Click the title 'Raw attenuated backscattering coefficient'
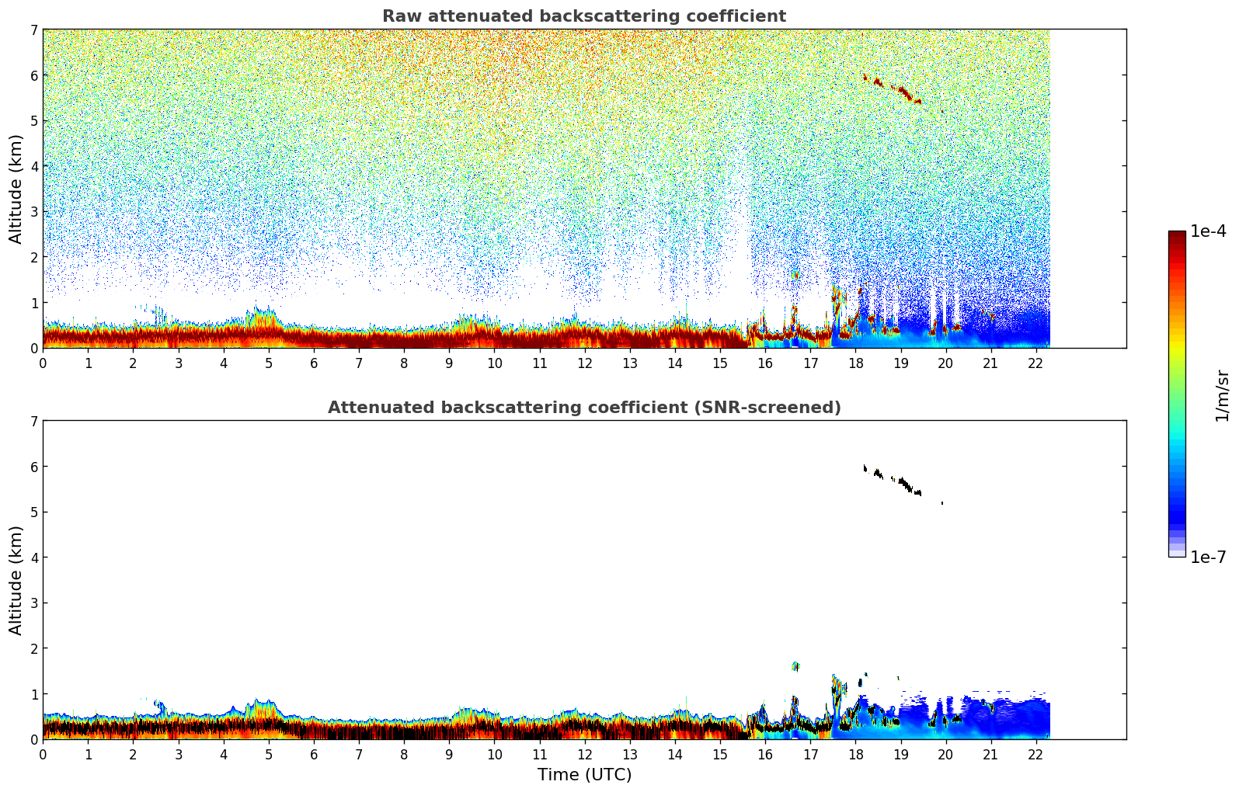click(583, 16)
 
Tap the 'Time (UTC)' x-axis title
click(584, 775)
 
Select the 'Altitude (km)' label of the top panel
click(16, 189)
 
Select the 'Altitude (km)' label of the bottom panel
click(16, 580)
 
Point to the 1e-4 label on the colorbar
click(1208, 231)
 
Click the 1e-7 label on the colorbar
click(1208, 558)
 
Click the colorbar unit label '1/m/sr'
click(1222, 396)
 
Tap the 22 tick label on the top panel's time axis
click(1035, 363)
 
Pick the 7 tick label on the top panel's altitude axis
click(33, 30)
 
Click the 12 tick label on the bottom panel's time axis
click(584, 755)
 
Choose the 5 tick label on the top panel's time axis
click(269, 363)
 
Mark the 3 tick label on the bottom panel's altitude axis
click(33, 603)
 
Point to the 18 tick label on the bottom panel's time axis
click(855, 755)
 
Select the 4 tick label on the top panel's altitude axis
click(33, 166)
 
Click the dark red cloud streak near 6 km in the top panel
click(901, 91)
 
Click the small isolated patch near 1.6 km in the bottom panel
click(795, 666)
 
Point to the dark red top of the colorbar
click(1177, 235)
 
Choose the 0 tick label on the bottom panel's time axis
click(43, 755)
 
